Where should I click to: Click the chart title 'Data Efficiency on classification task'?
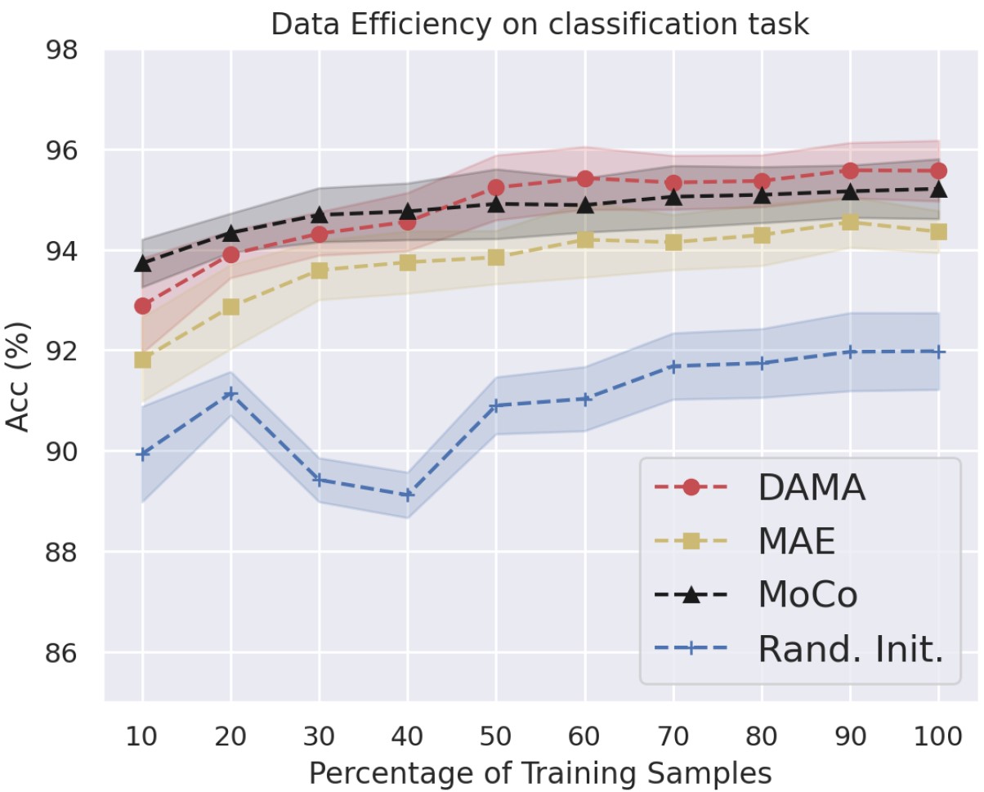pyautogui.click(x=539, y=24)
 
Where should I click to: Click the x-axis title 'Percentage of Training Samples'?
pyautogui.click(x=539, y=772)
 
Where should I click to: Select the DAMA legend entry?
pyautogui.click(x=810, y=488)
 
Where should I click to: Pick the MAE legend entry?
pyautogui.click(x=796, y=541)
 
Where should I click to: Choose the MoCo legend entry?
pyautogui.click(x=807, y=595)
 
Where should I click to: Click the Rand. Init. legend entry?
pyautogui.click(x=850, y=649)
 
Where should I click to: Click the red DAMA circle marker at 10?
pyautogui.click(x=143, y=306)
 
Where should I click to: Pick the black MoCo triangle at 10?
pyautogui.click(x=143, y=263)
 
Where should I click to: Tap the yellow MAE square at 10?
pyautogui.click(x=143, y=360)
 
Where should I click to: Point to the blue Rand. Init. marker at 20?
pyautogui.click(x=231, y=393)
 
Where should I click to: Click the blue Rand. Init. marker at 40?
pyautogui.click(x=408, y=494)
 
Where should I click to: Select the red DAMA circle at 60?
pyautogui.click(x=584, y=179)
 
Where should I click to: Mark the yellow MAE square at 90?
pyautogui.click(x=849, y=221)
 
